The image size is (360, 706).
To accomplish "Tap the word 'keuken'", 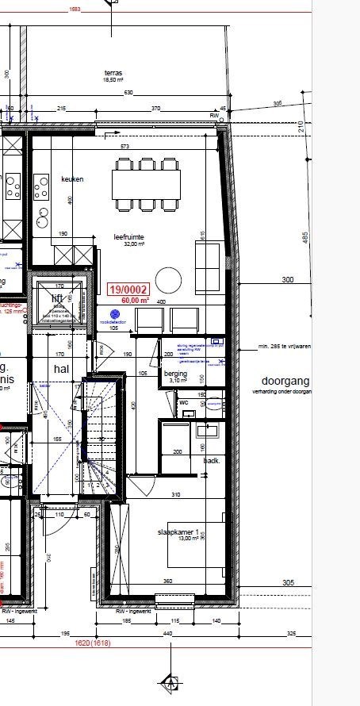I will pyautogui.click(x=72, y=179).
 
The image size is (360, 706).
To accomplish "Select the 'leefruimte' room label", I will pyautogui.click(x=128, y=236).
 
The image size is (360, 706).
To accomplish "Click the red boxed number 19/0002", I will pyautogui.click(x=128, y=291).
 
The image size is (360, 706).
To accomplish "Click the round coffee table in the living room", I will pyautogui.click(x=168, y=279).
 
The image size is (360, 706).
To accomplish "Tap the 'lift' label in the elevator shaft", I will pyautogui.click(x=58, y=298).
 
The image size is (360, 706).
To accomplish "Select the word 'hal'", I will pyautogui.click(x=63, y=370).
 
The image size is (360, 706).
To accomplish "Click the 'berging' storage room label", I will pyautogui.click(x=175, y=373).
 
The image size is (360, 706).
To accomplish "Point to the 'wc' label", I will pyautogui.click(x=183, y=402).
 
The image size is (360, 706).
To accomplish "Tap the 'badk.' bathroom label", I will pyautogui.click(x=212, y=460).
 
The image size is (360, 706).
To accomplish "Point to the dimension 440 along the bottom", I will pyautogui.click(x=167, y=634).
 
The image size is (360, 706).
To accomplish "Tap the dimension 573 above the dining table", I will pyautogui.click(x=124, y=147).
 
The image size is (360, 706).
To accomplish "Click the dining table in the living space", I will pyautogui.click(x=145, y=185).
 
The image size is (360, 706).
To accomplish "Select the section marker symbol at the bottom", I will pyautogui.click(x=168, y=682).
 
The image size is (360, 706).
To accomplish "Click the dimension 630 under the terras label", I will pyautogui.click(x=128, y=93).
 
